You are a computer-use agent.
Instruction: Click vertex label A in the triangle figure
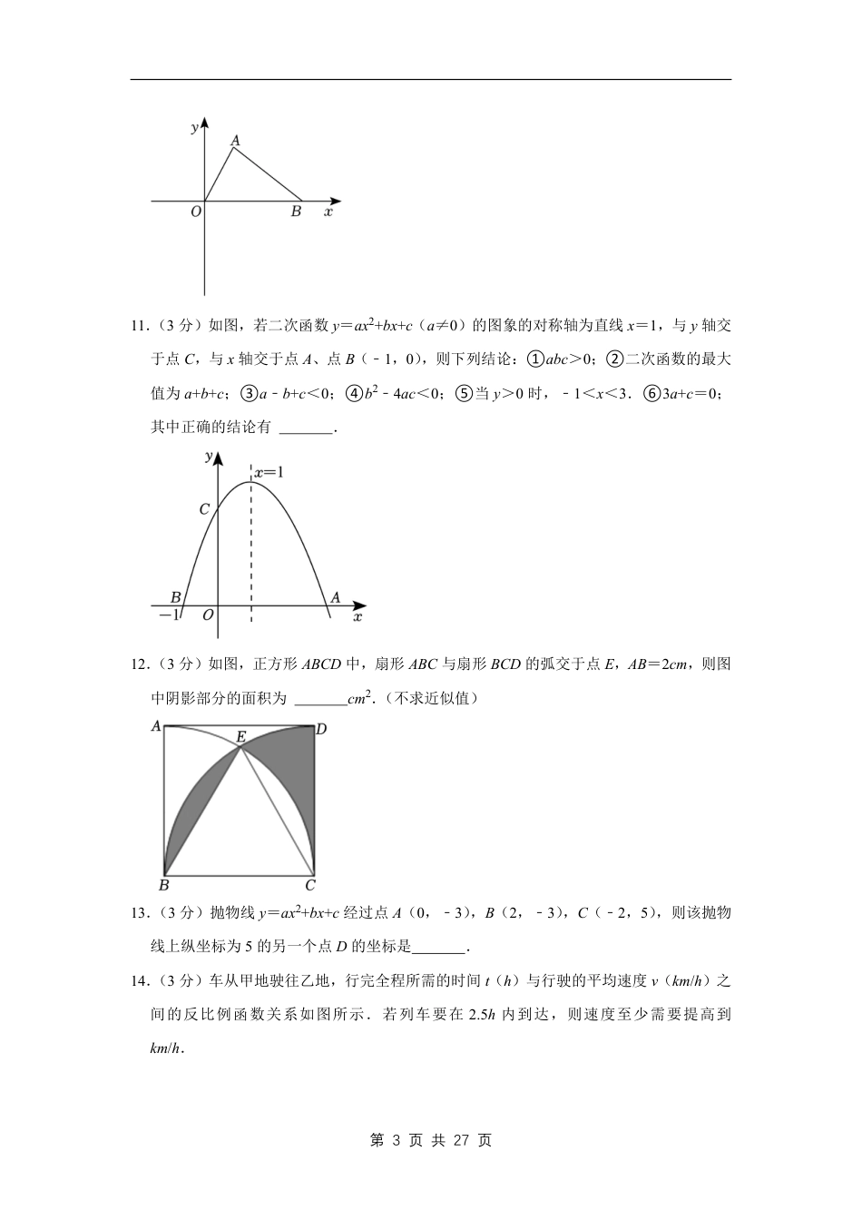pos(235,140)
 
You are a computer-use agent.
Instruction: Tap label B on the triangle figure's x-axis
pos(296,212)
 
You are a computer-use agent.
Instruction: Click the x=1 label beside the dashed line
pos(269,472)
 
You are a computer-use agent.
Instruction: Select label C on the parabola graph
pos(204,509)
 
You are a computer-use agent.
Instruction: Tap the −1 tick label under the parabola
pos(169,615)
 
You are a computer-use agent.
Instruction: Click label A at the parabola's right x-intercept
pos(335,597)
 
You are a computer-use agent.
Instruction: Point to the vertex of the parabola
pos(251,482)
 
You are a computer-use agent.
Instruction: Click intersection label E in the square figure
pos(240,737)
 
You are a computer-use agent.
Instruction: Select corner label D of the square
pos(321,728)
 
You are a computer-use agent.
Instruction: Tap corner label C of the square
pos(310,885)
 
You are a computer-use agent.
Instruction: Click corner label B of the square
pos(164,885)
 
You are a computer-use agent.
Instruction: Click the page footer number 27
pos(461,1140)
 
